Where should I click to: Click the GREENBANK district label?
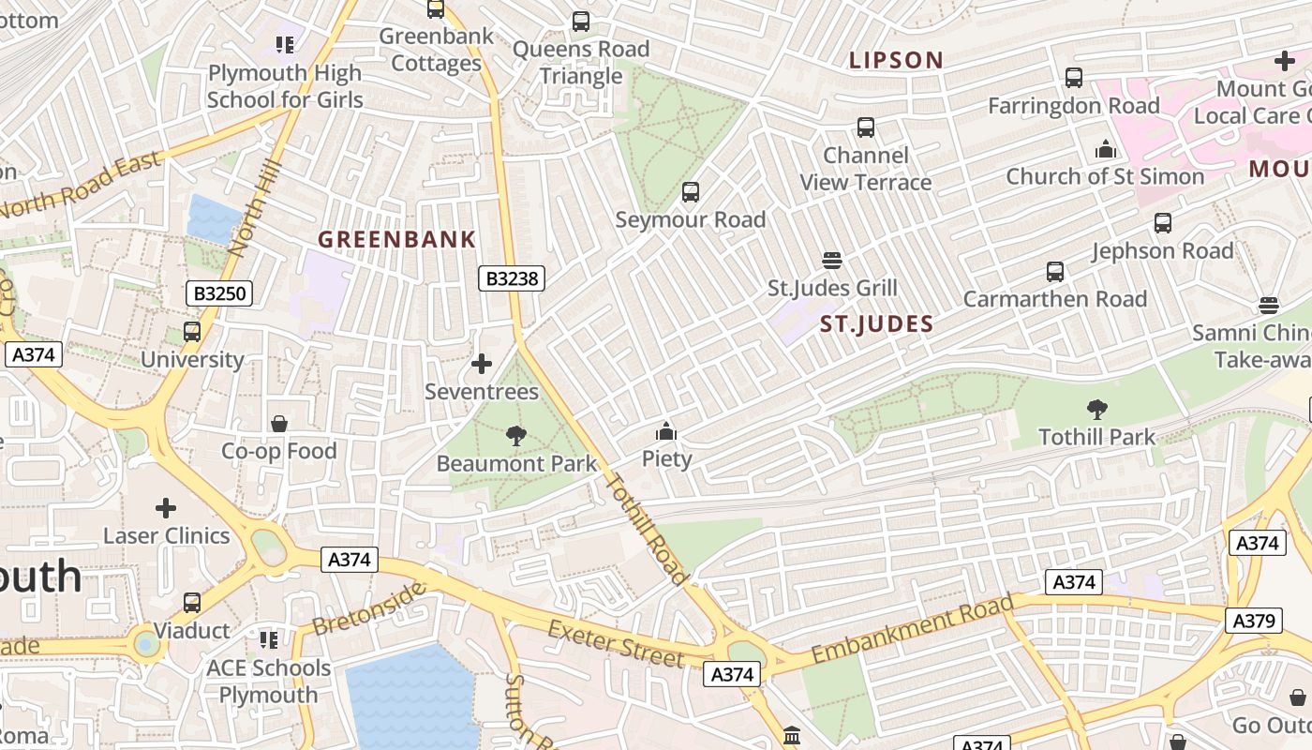pos(397,240)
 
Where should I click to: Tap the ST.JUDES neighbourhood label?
pos(876,325)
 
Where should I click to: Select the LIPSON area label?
pos(896,61)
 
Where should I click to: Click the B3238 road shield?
pos(512,278)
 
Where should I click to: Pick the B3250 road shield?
pos(219,293)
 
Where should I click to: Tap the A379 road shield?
pos(1255,620)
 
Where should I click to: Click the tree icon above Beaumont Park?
pos(515,436)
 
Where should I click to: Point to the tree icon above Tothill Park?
pos(1096,410)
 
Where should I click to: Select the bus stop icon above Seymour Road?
pos(691,192)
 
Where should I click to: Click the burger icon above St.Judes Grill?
pos(832,261)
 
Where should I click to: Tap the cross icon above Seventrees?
pos(482,364)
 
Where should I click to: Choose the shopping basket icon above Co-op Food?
pos(278,424)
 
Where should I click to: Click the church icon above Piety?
pos(666,431)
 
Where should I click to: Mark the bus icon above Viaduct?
pos(192,603)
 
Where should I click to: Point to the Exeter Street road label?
pos(617,644)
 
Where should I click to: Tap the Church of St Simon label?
pos(1105,176)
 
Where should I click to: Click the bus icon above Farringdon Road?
pos(1074,78)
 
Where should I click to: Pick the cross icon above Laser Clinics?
pos(166,508)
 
